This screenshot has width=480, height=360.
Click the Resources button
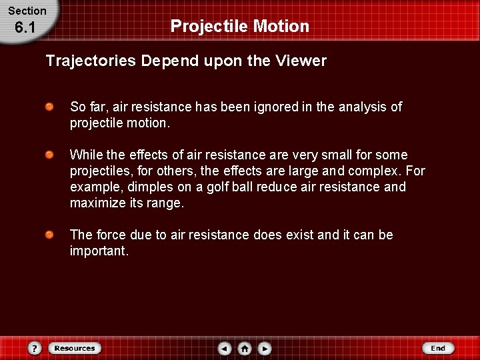tap(74, 348)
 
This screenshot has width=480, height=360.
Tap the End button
tap(438, 348)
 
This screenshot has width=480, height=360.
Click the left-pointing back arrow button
tap(225, 348)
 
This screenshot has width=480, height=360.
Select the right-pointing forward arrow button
tap(265, 348)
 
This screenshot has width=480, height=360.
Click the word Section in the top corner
tap(27, 11)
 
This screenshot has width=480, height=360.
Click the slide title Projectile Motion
tap(240, 26)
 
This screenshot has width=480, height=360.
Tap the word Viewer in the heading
tap(303, 61)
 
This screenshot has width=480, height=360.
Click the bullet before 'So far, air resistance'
tap(50, 107)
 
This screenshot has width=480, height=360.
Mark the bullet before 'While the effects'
tap(50, 155)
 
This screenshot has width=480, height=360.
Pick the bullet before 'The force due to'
tap(50, 235)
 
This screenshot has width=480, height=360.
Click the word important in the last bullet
tap(98, 251)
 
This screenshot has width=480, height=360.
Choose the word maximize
tap(97, 203)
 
